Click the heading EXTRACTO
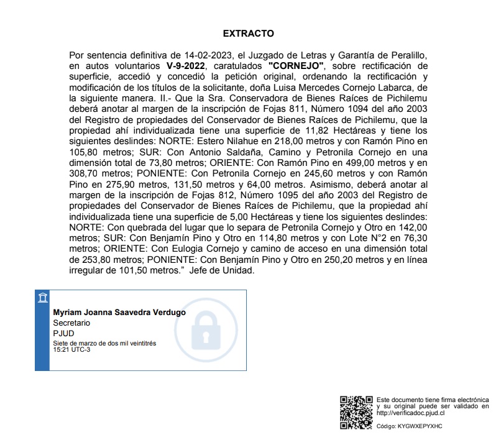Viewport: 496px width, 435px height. (x=248, y=33)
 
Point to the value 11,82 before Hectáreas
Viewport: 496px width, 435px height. (x=305, y=131)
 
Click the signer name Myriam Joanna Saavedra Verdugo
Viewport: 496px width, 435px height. (x=119, y=313)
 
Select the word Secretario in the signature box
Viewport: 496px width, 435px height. (x=71, y=323)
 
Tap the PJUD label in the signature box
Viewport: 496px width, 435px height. (x=63, y=333)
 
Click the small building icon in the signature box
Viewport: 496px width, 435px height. (x=42, y=298)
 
